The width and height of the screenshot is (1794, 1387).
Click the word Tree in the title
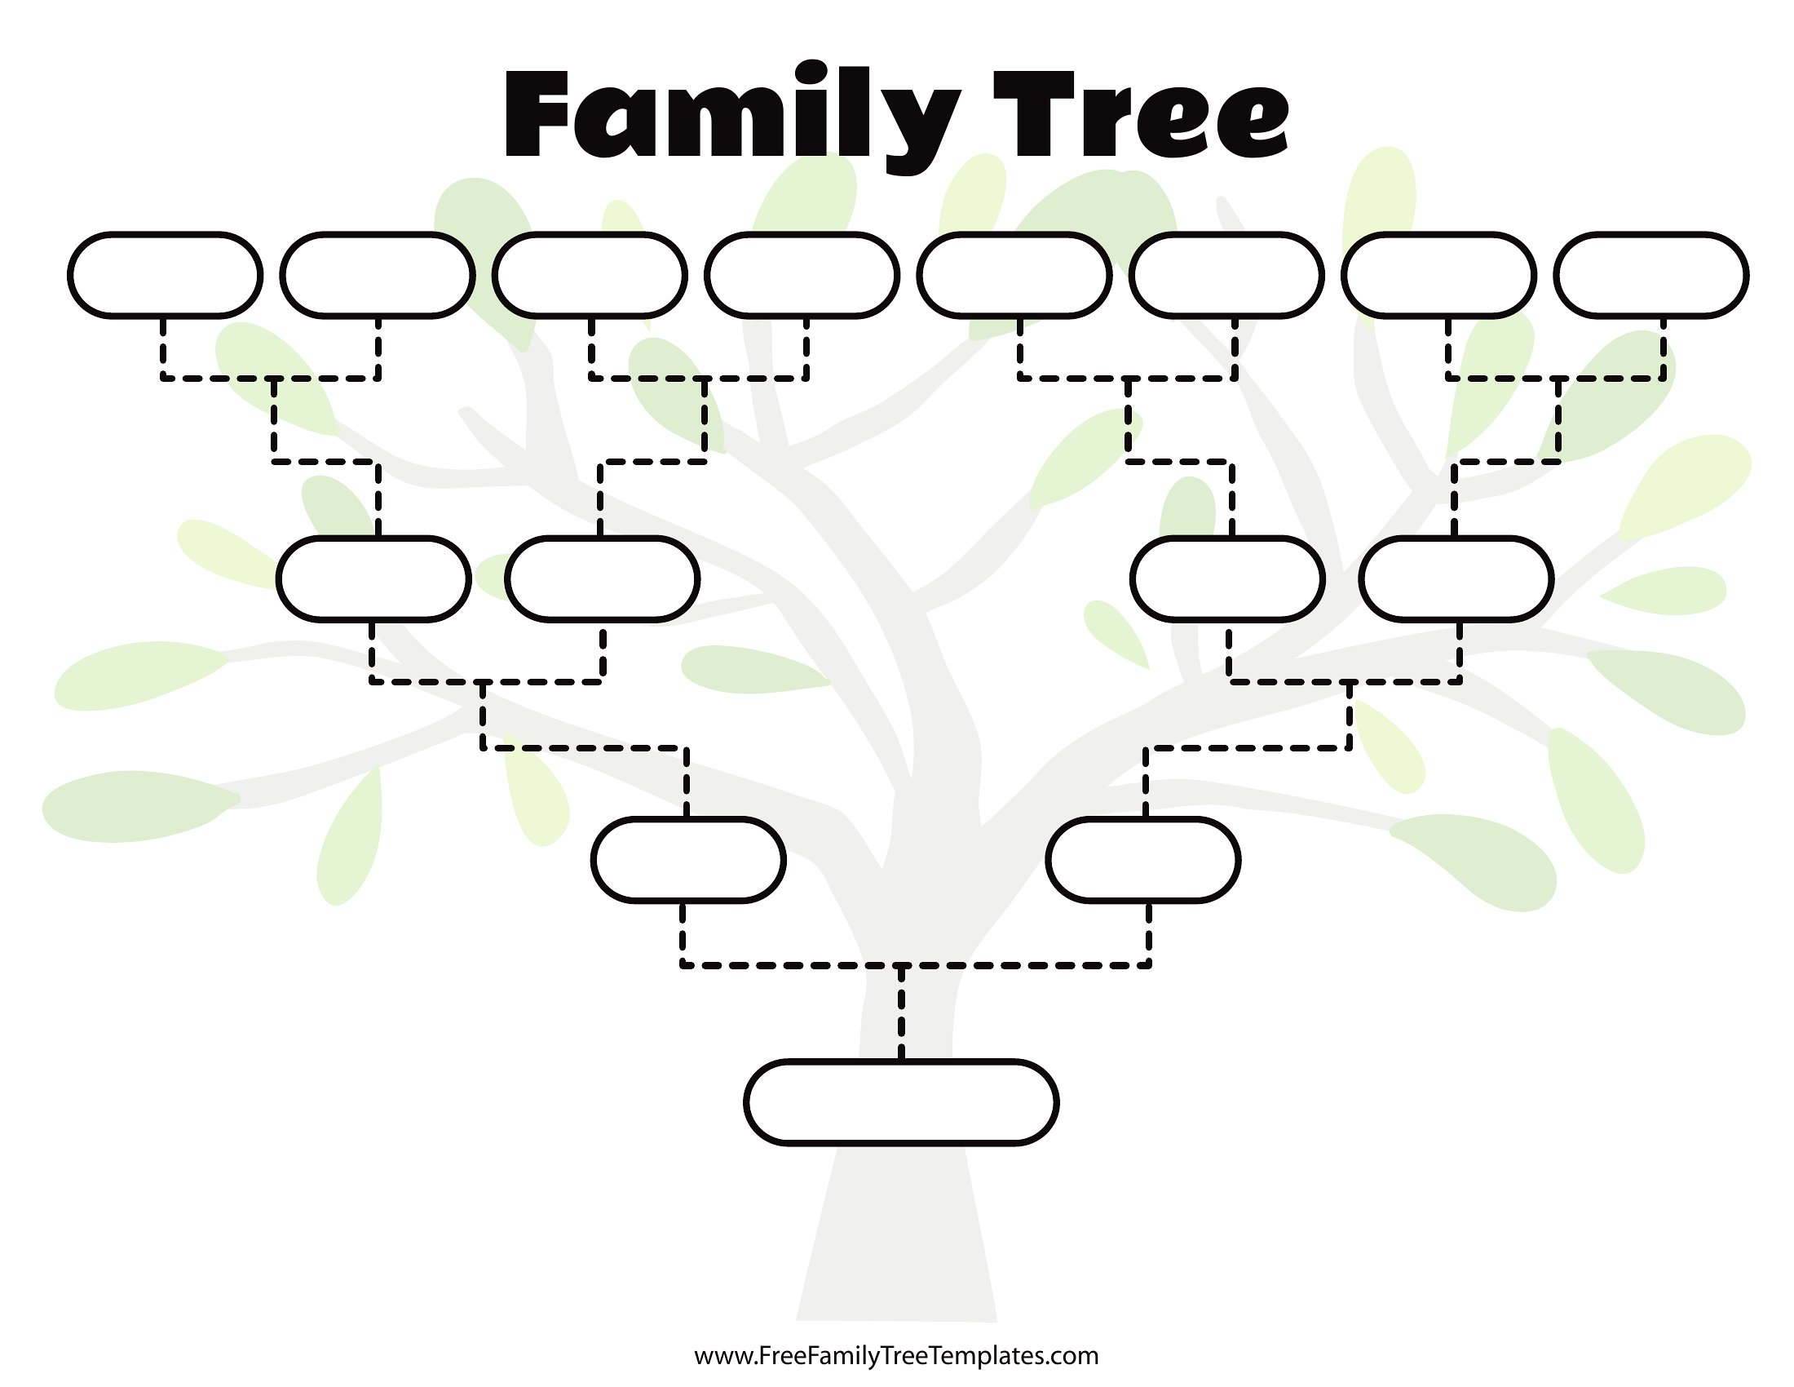1141,113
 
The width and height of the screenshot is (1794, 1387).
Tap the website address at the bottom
896,1355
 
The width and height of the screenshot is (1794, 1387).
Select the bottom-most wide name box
901,1102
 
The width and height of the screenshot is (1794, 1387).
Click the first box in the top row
165,275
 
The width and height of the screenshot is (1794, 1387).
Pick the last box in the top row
1651,275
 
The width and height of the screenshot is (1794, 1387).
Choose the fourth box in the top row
802,275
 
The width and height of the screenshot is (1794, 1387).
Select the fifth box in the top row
1014,275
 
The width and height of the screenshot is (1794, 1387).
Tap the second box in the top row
378,275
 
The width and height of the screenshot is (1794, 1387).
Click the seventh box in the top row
1439,275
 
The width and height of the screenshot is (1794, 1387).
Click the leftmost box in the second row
373,578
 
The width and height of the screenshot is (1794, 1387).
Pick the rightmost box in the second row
1456,578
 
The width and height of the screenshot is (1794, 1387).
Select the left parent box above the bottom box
688,859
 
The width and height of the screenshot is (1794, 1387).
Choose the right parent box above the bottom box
1143,859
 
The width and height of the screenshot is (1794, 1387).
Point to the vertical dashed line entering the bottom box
901,1013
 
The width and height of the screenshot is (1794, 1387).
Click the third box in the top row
590,275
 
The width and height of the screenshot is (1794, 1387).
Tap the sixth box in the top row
1226,275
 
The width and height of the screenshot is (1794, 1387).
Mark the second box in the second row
602,578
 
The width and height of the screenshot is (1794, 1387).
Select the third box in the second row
1227,578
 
